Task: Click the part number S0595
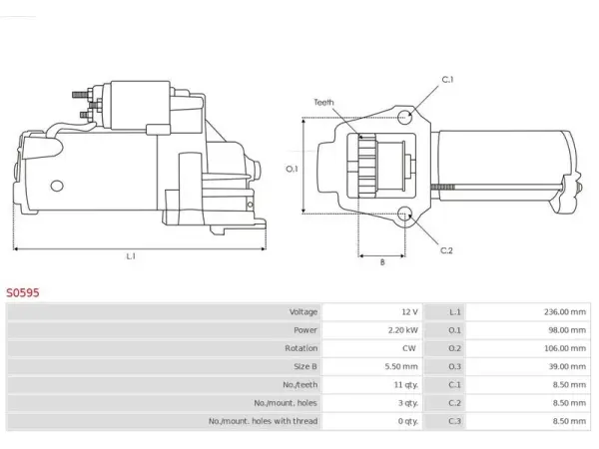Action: pos(23,292)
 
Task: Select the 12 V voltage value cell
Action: pos(409,312)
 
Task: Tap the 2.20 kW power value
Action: pos(403,330)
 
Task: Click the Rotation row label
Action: pos(301,348)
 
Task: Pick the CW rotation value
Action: pos(408,348)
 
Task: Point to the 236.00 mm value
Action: pos(565,312)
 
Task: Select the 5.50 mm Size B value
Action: pos(401,366)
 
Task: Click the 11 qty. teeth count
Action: pos(406,385)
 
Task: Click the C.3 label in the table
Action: pos(454,421)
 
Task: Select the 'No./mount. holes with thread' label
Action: pos(263,421)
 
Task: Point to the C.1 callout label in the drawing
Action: pos(447,80)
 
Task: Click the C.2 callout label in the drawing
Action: pos(446,250)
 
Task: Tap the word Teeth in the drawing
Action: pos(323,102)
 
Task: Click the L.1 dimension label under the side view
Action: pos(131,256)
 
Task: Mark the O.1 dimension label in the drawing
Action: pos(292,169)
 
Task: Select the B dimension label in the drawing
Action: pos(382,262)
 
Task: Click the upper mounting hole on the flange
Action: pos(404,117)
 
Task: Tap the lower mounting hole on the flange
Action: pos(404,215)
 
